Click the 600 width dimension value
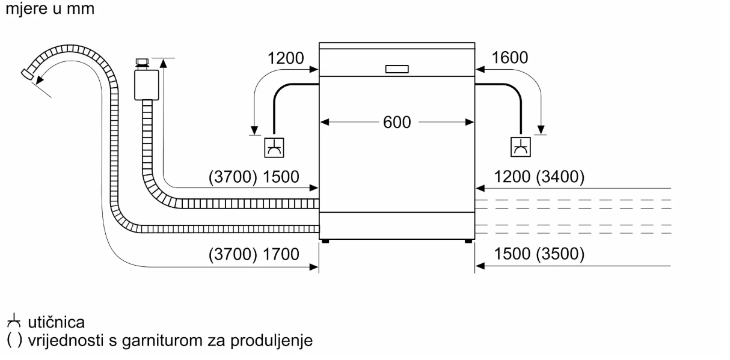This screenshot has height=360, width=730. (397, 122)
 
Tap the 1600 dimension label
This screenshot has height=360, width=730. (509, 58)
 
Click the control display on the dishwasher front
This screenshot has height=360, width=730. (397, 68)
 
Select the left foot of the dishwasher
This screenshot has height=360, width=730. (325, 241)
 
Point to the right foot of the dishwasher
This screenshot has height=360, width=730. (467, 241)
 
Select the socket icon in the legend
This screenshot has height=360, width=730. (13, 324)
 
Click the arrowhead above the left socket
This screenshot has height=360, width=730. (255, 129)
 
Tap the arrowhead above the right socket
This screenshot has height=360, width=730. (541, 129)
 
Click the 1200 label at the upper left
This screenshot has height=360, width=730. (286, 58)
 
